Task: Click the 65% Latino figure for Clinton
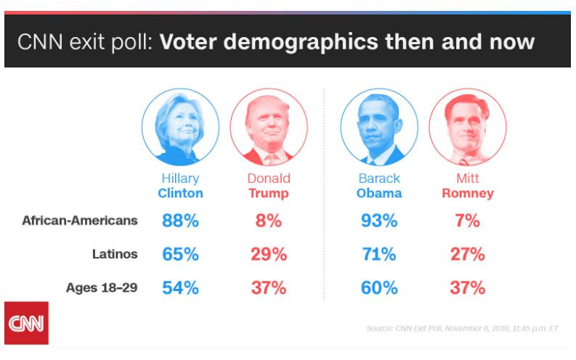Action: (179, 255)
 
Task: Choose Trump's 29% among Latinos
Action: (268, 255)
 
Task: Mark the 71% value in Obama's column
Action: (378, 255)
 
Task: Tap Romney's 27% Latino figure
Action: (467, 255)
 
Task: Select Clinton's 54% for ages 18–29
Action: (179, 287)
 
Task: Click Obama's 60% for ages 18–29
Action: (378, 287)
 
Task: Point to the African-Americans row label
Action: (80, 221)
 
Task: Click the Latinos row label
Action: (114, 254)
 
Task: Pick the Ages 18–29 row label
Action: (102, 287)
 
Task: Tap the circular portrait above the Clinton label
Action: (179, 128)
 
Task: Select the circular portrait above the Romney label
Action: (467, 128)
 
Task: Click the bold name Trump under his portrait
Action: (268, 194)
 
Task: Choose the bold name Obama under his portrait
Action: (378, 194)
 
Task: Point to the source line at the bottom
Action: (462, 329)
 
